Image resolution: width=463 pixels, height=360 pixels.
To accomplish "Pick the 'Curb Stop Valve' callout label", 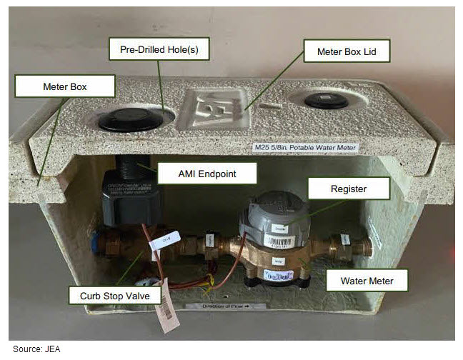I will [x=106, y=294].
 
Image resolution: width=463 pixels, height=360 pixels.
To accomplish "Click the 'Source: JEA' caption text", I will [x=34, y=349].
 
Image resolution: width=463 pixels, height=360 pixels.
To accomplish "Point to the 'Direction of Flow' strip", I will [x=224, y=306].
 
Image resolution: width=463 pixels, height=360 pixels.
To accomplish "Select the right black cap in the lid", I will [x=326, y=101].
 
